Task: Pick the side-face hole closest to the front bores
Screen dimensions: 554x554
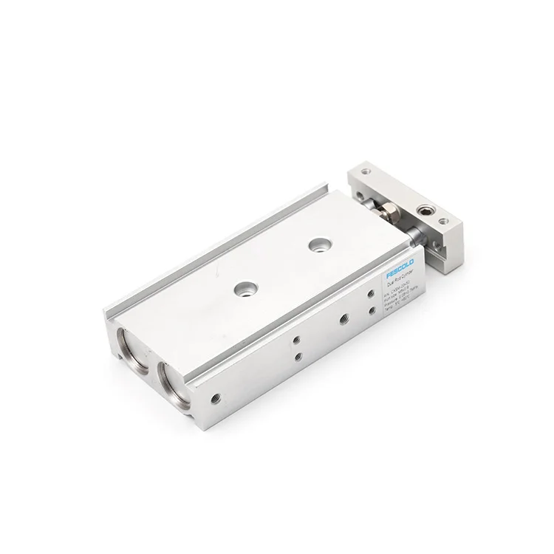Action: [x=215, y=396]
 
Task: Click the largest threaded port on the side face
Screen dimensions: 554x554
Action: [x=343, y=320]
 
